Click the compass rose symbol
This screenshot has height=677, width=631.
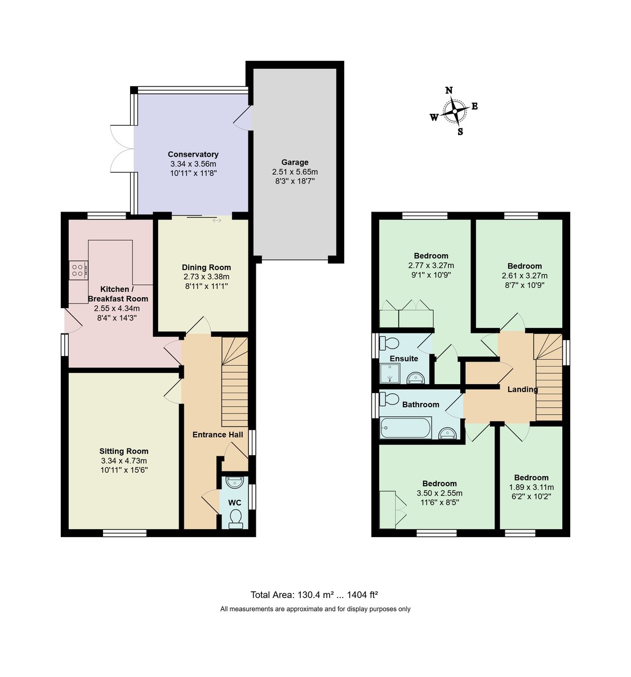(x=454, y=111)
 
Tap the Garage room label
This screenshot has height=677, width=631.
(x=295, y=162)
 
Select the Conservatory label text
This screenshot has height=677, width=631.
(x=193, y=154)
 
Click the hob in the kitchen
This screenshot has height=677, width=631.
(x=78, y=270)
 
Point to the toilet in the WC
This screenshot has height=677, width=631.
(x=236, y=518)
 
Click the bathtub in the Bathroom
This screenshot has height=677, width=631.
(x=406, y=428)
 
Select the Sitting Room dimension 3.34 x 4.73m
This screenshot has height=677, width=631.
(x=123, y=460)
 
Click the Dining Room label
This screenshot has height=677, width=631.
(x=206, y=267)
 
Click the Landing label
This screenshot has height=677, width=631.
(x=522, y=389)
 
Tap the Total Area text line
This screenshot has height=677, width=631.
(x=314, y=595)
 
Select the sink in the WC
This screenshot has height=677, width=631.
(x=234, y=482)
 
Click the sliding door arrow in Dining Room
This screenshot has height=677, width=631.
(x=217, y=221)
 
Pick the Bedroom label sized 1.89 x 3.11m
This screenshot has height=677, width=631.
(x=531, y=477)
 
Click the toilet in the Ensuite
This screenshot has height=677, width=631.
(x=389, y=343)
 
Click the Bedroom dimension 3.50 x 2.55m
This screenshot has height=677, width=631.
(x=439, y=493)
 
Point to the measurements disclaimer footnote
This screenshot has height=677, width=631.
(x=315, y=609)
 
